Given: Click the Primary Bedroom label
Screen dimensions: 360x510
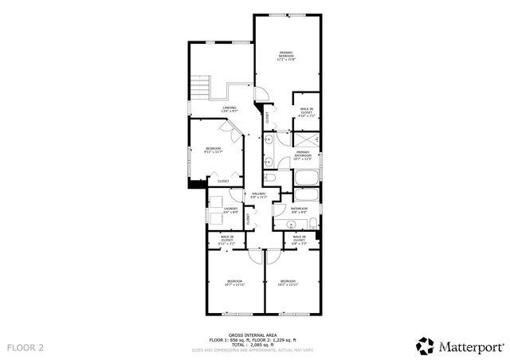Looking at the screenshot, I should (285, 56).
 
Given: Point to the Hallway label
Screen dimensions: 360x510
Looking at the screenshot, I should (259, 195).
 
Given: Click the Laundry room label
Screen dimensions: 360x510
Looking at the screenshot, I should (230, 210).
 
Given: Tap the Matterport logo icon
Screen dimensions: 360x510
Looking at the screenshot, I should (425, 346).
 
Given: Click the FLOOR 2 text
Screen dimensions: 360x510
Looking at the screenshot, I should (25, 347).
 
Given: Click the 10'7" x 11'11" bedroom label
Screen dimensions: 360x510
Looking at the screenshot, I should (234, 283).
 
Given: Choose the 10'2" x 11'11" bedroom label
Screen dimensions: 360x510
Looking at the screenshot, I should (288, 283).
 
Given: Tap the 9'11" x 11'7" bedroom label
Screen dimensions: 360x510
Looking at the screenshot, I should (213, 150).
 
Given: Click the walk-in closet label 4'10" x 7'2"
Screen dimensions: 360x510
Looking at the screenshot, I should (306, 113).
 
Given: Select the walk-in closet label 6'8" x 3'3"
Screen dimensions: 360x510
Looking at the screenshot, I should (300, 238).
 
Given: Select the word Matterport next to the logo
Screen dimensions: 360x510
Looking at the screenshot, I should (468, 346).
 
